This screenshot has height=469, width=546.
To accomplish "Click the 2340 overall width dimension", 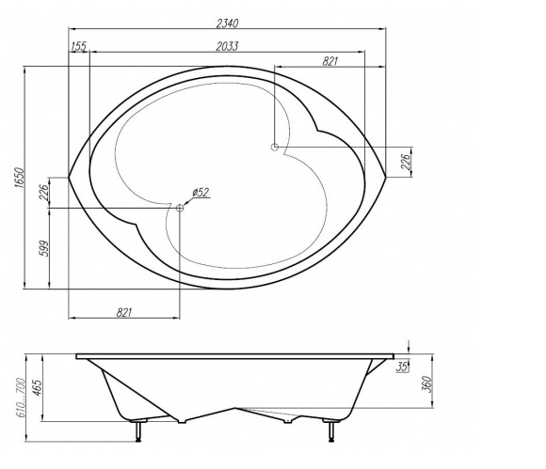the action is [x=228, y=23].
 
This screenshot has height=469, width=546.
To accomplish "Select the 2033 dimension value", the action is [x=227, y=46].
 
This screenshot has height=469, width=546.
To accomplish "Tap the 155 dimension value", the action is [x=79, y=46].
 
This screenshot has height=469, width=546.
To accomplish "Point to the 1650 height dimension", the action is [x=19, y=178].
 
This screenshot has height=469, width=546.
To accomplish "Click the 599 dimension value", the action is [x=45, y=248].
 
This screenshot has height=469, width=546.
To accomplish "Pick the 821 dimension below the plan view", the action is [x=124, y=312].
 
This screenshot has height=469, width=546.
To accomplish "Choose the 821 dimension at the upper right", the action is [x=330, y=61].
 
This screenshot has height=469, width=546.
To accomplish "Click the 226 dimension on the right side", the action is [x=407, y=162].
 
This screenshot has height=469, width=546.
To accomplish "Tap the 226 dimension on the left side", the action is [x=44, y=193].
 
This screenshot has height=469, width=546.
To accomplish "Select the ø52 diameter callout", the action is [x=201, y=193].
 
